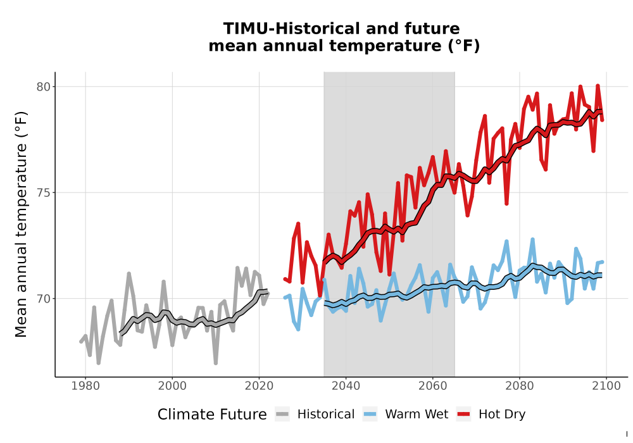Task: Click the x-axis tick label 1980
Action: point(85,386)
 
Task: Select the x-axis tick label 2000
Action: point(172,386)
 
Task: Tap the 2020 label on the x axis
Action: point(259,386)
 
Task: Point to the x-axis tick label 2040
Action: point(346,386)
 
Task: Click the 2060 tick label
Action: point(433,386)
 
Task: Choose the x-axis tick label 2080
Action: point(520,386)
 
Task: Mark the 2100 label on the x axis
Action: point(606,386)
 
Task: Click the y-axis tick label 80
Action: point(44,87)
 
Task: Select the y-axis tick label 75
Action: point(44,193)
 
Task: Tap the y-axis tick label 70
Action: point(44,299)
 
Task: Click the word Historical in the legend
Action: point(326,415)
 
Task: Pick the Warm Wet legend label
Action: point(417,415)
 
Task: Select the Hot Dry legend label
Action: point(502,415)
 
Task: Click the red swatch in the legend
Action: point(463,415)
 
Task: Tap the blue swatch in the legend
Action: point(370,415)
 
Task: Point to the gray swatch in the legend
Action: point(282,415)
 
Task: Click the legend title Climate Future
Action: point(212,415)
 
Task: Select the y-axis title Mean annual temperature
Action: point(21,224)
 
